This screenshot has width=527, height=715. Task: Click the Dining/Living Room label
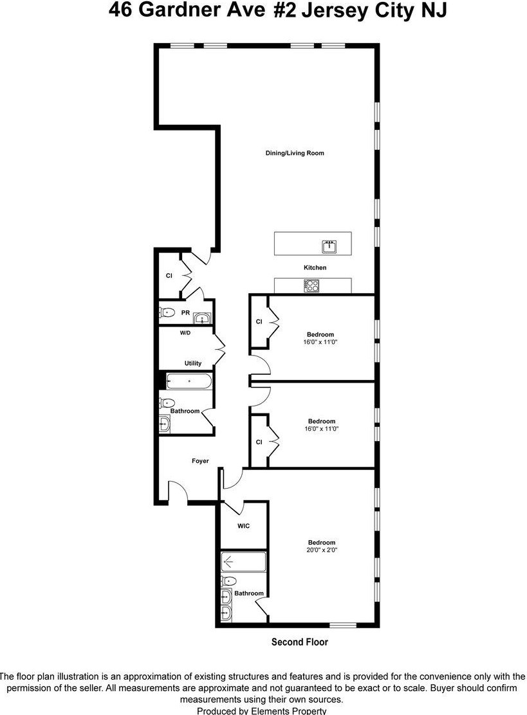(295, 153)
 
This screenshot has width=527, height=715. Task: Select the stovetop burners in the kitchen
(312, 285)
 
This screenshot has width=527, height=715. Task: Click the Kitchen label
(315, 267)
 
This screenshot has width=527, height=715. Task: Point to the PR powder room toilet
(167, 313)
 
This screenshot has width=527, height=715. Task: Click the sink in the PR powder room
(203, 318)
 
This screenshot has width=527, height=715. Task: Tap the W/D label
(185, 333)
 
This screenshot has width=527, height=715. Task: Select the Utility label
(193, 363)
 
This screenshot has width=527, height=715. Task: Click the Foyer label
(200, 460)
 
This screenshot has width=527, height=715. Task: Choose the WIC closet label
(243, 526)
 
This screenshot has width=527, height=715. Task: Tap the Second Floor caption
(299, 642)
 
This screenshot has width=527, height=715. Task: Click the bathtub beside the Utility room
(189, 381)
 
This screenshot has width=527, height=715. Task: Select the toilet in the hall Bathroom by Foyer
(166, 404)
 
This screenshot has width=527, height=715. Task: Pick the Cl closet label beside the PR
(169, 275)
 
